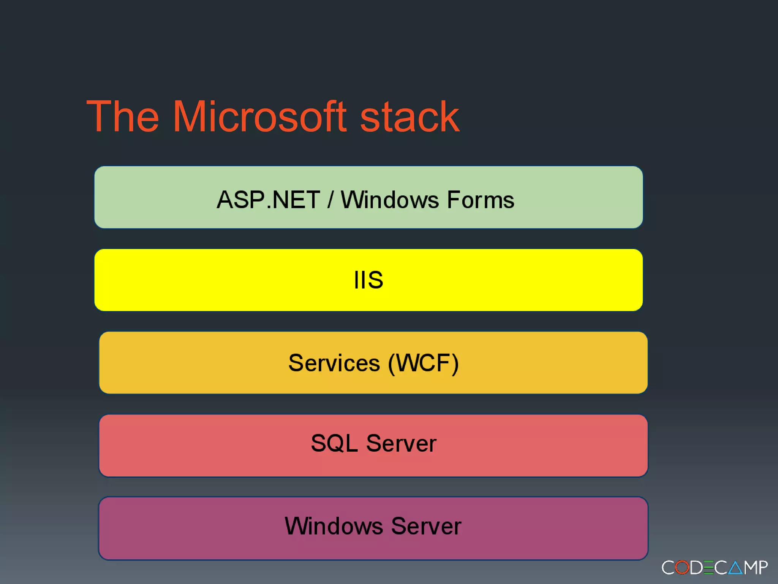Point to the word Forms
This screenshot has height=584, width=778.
click(481, 200)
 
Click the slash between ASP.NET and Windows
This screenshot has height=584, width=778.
click(330, 200)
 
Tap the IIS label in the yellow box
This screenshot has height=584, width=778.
click(368, 280)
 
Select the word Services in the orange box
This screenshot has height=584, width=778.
click(334, 363)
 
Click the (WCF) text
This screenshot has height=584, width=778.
click(423, 363)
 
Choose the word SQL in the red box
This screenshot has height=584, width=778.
click(334, 443)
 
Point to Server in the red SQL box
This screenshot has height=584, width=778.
click(401, 443)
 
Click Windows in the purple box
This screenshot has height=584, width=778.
click(334, 526)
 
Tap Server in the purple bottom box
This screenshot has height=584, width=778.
click(426, 526)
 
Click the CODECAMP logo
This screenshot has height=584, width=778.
click(715, 568)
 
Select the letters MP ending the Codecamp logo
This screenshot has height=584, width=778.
click(756, 568)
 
